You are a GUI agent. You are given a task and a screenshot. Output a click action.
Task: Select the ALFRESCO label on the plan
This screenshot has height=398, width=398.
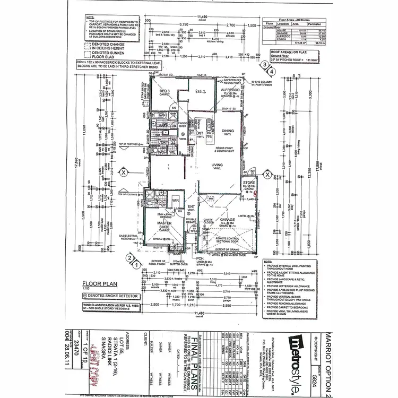point(231,90)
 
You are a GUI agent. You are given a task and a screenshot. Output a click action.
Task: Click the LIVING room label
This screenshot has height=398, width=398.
point(218,166)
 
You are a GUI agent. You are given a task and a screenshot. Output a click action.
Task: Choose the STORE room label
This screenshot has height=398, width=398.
point(249,182)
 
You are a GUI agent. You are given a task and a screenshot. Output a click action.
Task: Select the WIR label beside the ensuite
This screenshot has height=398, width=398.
point(176,200)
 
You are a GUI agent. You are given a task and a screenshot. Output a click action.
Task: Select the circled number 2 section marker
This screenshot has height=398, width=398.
point(129,257)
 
